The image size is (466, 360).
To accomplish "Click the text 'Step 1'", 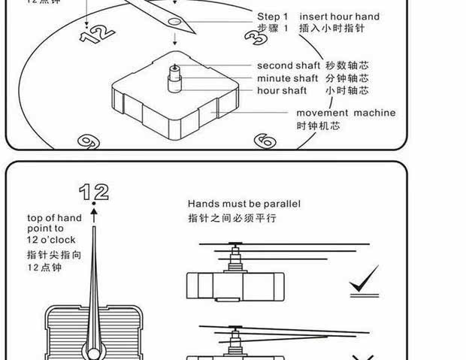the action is (273, 17).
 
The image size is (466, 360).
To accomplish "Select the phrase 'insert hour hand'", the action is (339, 17).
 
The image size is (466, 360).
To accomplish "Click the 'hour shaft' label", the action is (282, 91).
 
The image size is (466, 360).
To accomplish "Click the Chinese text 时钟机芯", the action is (318, 126).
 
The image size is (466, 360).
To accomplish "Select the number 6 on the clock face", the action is (264, 141).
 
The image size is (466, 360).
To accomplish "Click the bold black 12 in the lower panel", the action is (94, 191).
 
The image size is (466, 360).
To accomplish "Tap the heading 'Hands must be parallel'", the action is (244, 204).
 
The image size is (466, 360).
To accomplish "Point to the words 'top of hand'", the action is (55, 219).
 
